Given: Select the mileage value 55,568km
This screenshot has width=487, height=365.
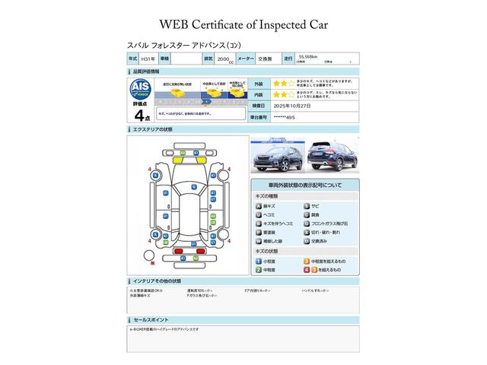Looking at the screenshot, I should click(x=313, y=56).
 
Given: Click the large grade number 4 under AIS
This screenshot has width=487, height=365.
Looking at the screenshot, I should click(x=139, y=115).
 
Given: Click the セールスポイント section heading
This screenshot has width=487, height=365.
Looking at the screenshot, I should click(x=151, y=320).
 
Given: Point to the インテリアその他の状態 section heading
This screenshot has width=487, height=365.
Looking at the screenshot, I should click(x=162, y=281).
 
